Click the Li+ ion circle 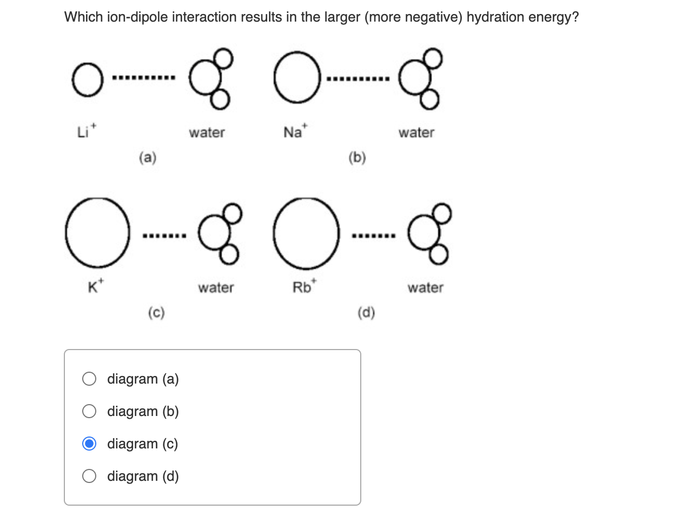coord(85,82)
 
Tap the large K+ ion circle coord(97,232)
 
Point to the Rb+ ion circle coord(307,232)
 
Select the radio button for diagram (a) coord(90,379)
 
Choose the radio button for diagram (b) coord(90,412)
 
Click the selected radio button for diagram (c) coord(90,444)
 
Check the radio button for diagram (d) coord(90,477)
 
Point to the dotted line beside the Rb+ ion coord(373,236)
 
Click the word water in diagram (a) coord(207,132)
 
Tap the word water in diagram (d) coord(425,287)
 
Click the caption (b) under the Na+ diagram coord(358,158)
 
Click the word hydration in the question coord(495,17)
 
